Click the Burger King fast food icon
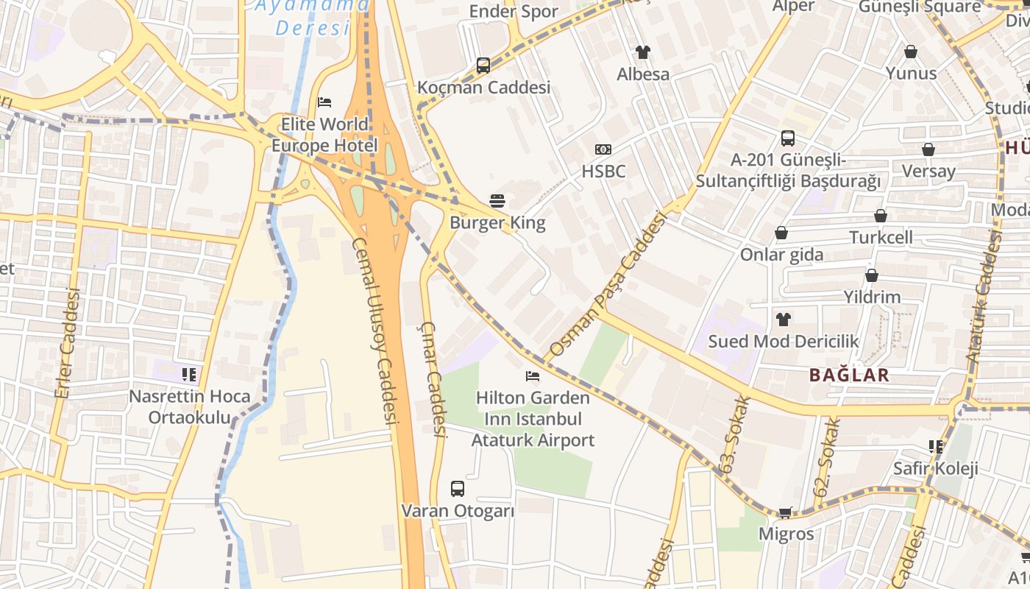497,201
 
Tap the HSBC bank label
603,172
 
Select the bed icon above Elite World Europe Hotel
324,102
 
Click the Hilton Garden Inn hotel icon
533,376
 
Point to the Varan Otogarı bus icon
458,489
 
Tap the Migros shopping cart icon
786,512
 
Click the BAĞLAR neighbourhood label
849,375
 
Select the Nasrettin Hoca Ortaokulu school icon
190,375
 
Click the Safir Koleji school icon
936,447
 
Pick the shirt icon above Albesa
643,52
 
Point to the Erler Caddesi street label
67,343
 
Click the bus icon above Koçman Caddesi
483,66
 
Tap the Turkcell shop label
881,238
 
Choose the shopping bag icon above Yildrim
872,276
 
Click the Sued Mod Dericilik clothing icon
784,320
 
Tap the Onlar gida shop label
781,255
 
